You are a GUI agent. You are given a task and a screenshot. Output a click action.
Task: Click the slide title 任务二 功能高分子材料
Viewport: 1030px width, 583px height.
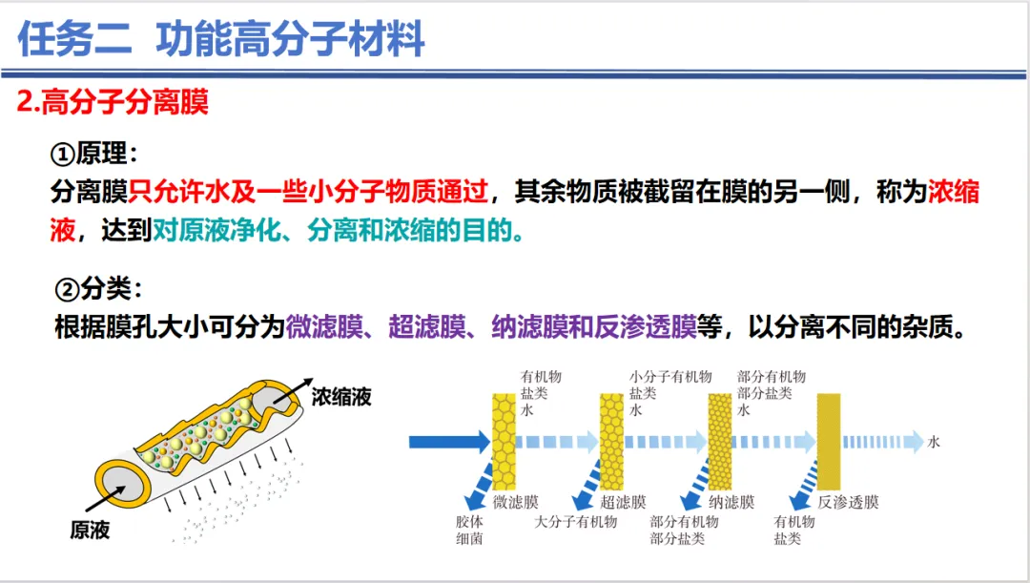tap(221, 40)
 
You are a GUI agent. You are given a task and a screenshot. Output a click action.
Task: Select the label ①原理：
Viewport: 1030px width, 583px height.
tap(94, 154)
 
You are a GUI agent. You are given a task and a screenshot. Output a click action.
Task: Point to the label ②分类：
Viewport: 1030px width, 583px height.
tap(99, 288)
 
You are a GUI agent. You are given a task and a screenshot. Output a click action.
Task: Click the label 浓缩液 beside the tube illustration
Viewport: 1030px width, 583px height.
tap(341, 397)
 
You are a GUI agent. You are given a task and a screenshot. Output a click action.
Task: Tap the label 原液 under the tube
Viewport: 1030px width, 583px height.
tap(90, 530)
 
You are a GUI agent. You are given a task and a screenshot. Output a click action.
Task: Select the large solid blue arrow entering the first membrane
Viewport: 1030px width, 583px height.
tap(448, 441)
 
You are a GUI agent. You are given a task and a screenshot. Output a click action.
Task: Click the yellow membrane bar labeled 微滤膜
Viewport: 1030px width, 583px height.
tap(503, 441)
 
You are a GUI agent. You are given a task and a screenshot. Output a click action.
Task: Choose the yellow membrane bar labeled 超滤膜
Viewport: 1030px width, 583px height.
tap(610, 441)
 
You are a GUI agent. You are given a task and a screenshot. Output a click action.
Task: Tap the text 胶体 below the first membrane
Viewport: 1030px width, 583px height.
tap(469, 522)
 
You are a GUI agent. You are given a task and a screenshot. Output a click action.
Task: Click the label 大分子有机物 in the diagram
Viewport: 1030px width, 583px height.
tap(575, 522)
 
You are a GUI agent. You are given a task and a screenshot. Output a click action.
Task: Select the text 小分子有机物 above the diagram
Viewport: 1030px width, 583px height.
tap(670, 377)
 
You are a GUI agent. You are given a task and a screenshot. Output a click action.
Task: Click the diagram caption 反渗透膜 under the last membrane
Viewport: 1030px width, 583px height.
tap(848, 502)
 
